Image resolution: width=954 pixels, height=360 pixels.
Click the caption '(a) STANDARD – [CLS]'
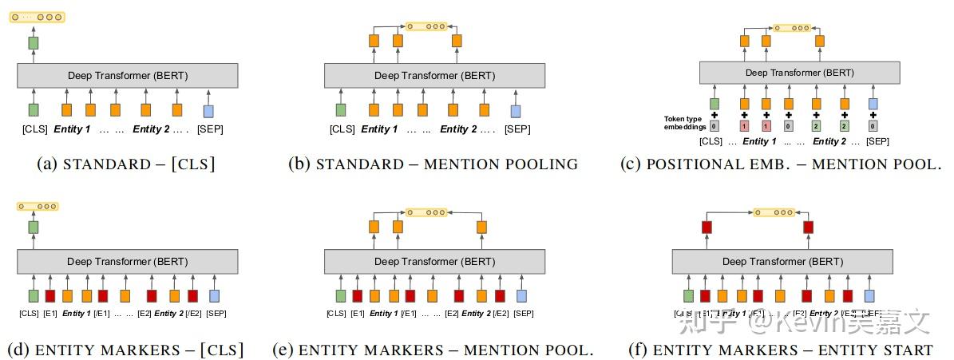125,164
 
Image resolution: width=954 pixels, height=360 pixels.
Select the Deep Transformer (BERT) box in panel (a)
128,76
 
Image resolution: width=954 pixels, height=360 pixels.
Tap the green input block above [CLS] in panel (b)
341,110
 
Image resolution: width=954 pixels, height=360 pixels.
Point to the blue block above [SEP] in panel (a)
208,111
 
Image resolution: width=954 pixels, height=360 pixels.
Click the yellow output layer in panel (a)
37,17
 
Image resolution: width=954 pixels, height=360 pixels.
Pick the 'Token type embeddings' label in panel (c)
684,122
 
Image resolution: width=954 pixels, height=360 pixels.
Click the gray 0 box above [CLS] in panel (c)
715,125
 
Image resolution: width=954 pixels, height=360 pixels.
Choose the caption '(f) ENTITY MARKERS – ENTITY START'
793,350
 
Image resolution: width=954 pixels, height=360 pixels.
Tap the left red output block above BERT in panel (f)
706,227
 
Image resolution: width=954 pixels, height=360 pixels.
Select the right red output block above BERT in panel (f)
808,227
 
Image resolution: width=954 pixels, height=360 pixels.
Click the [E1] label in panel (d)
49,314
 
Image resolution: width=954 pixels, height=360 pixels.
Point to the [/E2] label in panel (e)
500,314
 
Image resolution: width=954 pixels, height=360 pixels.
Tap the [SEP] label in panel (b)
517,129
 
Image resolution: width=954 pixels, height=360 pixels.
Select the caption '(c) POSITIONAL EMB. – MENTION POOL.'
781,164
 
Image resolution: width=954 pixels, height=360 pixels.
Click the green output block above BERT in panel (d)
34,227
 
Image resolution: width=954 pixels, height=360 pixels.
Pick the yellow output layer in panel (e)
425,212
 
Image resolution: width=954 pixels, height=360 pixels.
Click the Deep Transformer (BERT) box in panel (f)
782,262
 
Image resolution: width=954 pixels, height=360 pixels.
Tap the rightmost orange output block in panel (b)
457,40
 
